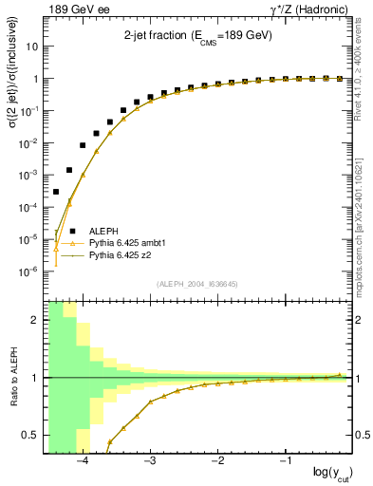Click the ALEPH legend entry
104,231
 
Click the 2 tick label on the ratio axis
36,320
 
